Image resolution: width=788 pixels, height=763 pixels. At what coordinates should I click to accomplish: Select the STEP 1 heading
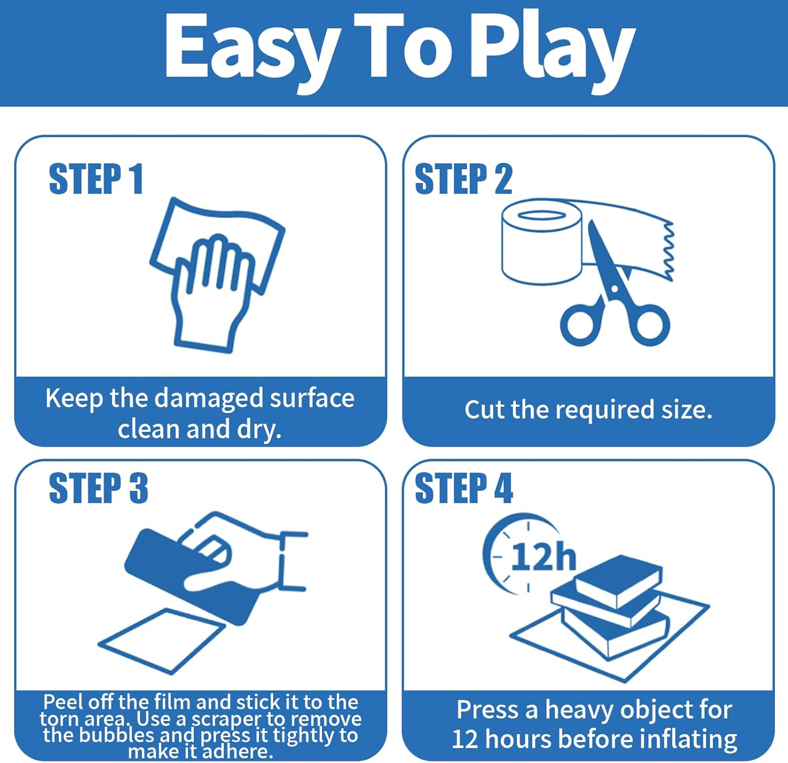click(96, 179)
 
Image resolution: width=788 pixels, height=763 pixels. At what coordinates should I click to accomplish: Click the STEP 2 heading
click(463, 179)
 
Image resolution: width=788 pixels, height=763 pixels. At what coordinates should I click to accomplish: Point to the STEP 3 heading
click(98, 488)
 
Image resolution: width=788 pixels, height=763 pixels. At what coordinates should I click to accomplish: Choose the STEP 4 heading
click(464, 488)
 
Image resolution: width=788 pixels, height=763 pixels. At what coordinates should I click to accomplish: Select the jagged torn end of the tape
click(668, 250)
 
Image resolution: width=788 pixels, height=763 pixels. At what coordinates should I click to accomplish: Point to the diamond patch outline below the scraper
click(162, 641)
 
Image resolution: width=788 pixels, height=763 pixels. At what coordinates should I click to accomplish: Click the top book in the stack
click(618, 581)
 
